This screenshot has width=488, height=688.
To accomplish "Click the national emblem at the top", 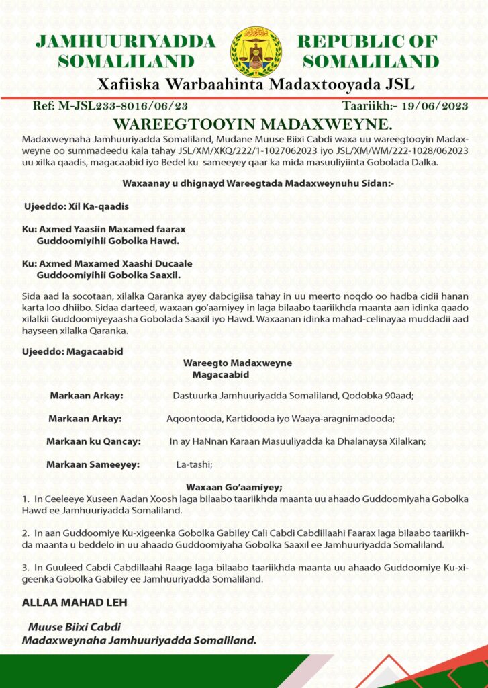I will [x=256, y=52].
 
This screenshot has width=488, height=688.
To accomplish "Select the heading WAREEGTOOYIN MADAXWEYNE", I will [x=243, y=124].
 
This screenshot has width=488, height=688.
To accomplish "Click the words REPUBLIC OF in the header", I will [x=367, y=42].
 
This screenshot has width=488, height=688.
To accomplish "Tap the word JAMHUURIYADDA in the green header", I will [x=126, y=42].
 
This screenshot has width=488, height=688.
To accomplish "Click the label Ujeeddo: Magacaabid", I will [x=72, y=351].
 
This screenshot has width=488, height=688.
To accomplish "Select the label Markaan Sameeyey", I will [x=92, y=464].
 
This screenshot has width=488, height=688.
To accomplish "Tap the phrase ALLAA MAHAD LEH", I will [x=75, y=603].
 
